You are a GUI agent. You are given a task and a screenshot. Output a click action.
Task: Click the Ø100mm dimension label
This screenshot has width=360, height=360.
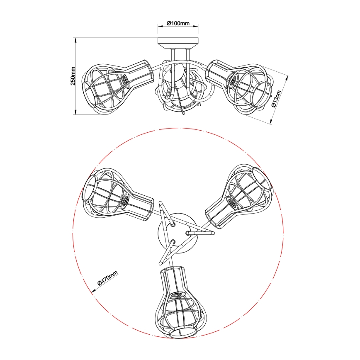(178, 23)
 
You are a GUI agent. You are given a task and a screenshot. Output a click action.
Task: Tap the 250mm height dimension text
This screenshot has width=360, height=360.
(73, 76)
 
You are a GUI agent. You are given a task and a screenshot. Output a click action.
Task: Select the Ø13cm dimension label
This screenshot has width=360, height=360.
(276, 98)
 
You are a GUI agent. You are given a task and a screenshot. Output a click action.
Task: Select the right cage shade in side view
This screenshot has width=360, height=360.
(239, 85)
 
